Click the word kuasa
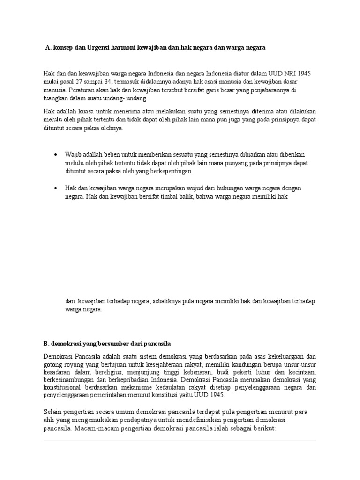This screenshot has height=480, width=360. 85,112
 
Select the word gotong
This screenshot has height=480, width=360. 52,364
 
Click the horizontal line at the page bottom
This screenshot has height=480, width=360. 180,441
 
